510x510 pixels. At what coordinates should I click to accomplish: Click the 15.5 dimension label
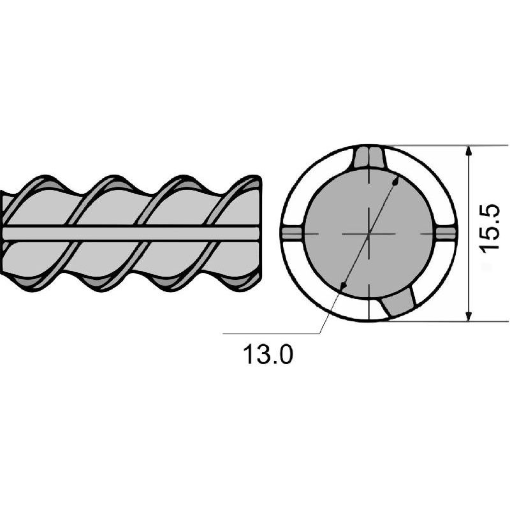(490, 229)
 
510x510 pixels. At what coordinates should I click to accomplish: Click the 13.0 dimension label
(268, 354)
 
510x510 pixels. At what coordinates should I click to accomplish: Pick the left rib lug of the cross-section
(293, 233)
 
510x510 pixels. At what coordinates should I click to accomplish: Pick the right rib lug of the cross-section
(445, 233)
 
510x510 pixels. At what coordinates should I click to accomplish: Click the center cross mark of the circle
(369, 233)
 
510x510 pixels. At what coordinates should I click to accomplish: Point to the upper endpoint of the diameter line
(395, 182)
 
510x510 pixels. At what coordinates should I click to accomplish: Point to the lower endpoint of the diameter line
(342, 285)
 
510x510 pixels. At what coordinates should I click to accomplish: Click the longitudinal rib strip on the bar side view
(130, 233)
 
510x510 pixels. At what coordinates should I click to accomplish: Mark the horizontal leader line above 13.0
(272, 333)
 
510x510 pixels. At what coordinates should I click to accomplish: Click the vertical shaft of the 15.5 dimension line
(469, 233)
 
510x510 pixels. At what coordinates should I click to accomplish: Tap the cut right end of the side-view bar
(259, 233)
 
